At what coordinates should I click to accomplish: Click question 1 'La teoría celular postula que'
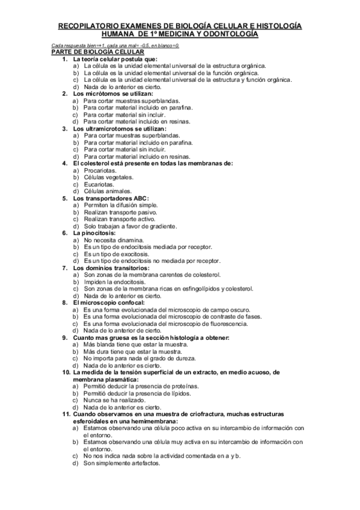coord(115,60)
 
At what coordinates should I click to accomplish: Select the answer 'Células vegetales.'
coord(109,177)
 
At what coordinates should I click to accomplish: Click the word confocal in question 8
coord(138,303)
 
